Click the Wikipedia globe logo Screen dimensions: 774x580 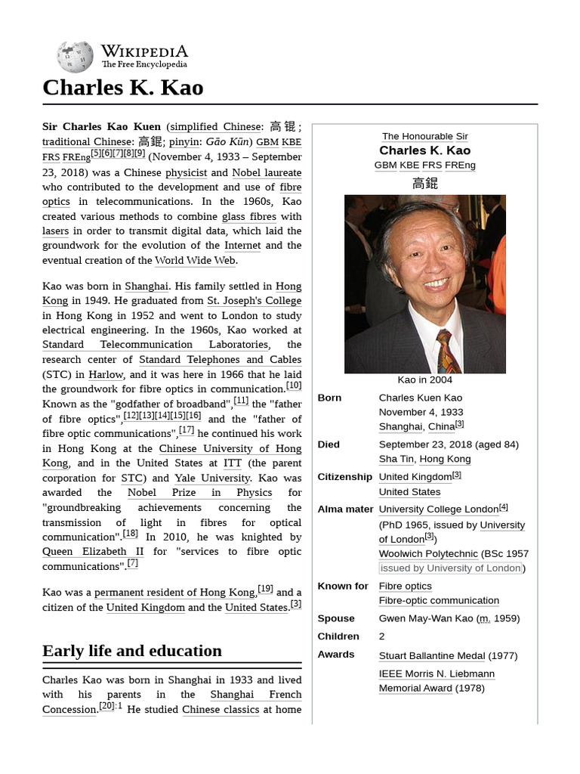75,57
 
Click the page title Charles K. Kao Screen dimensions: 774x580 122,88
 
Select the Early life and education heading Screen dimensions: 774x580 132,651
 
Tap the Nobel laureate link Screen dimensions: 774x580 266,172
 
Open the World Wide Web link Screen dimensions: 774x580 195,261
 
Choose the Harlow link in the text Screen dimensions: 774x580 106,374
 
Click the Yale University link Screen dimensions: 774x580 211,478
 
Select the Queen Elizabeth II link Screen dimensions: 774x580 92,551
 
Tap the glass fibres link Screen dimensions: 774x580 248,216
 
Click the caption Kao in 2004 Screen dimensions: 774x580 424,379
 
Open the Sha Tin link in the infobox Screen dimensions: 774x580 396,459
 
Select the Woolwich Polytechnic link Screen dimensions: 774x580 428,553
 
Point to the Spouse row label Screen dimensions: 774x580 335,618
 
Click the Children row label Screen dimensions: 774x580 338,636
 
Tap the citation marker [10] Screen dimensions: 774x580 293,385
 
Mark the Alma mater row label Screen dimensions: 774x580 345,509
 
